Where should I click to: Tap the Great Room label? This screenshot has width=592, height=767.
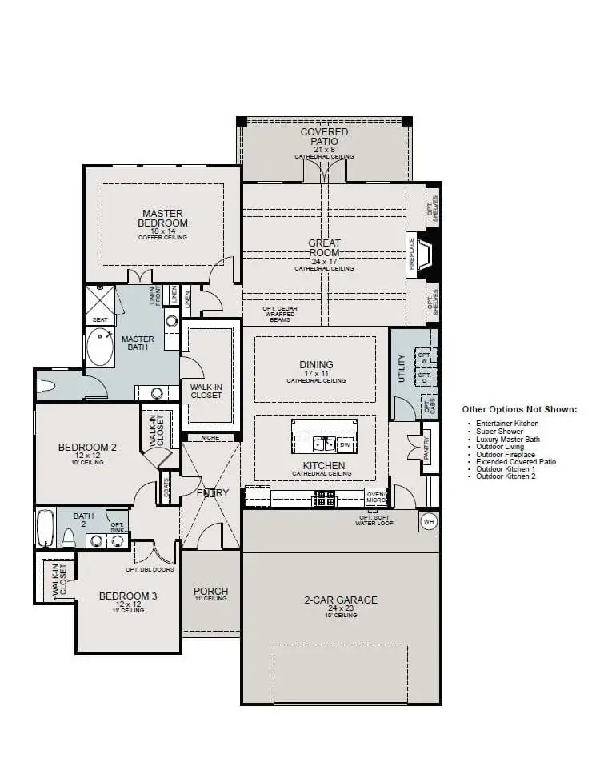tap(324, 248)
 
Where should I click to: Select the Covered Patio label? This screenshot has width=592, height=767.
tap(324, 137)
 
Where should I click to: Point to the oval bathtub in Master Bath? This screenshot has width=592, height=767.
tap(101, 346)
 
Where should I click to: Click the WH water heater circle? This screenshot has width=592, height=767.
tap(429, 521)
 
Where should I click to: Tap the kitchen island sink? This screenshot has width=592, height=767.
tap(323, 444)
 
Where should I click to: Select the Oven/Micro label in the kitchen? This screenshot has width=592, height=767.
tap(375, 497)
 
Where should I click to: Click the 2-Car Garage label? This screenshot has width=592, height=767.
tap(340, 600)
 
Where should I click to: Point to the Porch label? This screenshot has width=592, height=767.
tap(211, 592)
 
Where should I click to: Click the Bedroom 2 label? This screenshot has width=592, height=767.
tap(87, 447)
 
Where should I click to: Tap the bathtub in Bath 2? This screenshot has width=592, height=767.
tap(45, 528)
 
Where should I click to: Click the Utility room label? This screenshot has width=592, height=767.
tap(402, 369)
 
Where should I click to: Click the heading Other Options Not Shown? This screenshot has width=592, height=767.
tap(518, 409)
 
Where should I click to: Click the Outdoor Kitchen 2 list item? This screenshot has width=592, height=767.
tap(506, 476)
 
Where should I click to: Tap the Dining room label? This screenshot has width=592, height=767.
tap(316, 365)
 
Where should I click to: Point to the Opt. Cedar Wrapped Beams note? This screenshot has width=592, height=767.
tap(278, 314)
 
